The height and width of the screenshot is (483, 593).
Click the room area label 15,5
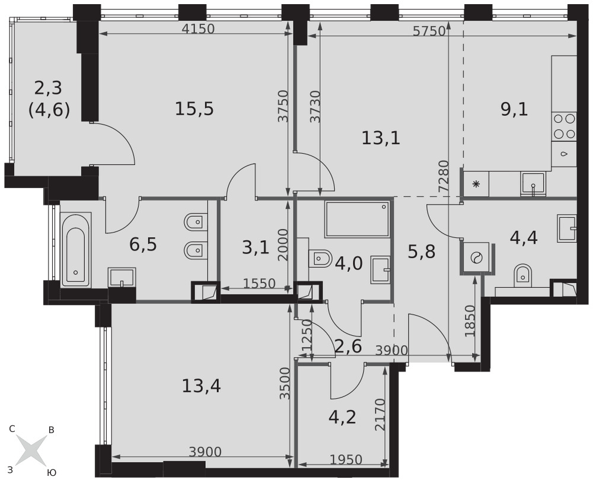[194, 109]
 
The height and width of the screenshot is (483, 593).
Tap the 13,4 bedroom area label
[201, 386]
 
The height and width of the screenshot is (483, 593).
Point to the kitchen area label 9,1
[514, 109]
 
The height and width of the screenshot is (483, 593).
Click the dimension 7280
[443, 177]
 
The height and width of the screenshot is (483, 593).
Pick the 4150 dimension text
[198, 29]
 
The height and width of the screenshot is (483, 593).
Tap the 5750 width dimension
[429, 31]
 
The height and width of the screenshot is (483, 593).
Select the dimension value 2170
[381, 415]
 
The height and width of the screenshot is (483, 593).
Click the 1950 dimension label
[346, 459]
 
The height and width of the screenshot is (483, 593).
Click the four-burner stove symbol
[564, 126]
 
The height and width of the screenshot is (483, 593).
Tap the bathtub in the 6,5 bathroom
[76, 250]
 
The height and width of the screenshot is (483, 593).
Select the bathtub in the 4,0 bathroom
[357, 219]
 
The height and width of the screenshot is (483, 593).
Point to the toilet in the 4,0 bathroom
[320, 259]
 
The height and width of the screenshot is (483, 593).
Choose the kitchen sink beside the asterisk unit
[533, 183]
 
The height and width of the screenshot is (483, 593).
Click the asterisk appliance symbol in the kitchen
[476, 184]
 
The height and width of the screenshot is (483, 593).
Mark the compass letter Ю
[52, 472]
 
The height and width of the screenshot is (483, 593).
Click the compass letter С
[12, 429]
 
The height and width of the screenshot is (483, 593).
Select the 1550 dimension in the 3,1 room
[259, 283]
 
